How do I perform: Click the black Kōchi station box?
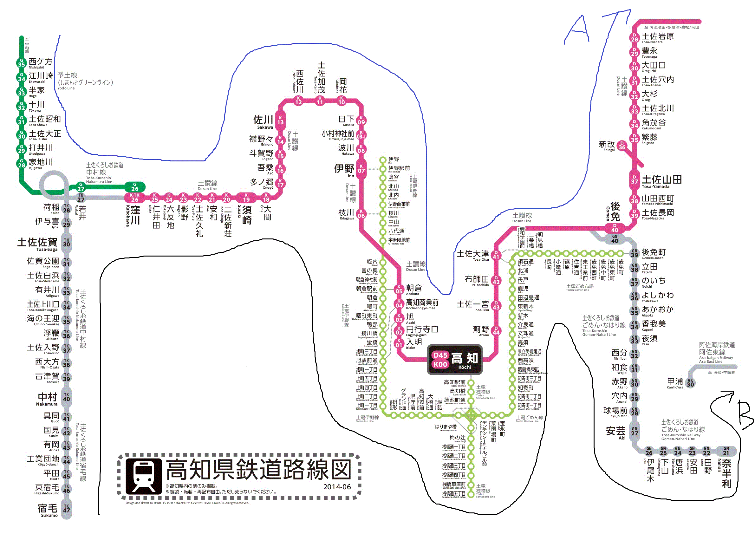(x=454, y=359)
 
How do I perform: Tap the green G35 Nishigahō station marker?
(x=21, y=62)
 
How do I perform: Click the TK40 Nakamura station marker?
(x=66, y=397)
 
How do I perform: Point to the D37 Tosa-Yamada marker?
(x=634, y=179)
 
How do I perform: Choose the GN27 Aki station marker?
(x=634, y=431)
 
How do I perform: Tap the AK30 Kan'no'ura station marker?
(x=690, y=382)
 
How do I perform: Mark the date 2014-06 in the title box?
(x=337, y=487)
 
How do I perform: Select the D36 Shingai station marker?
(x=622, y=145)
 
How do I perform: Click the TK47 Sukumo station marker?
(x=66, y=509)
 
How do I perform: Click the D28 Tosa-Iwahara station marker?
(x=634, y=37)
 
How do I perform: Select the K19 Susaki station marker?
(x=246, y=198)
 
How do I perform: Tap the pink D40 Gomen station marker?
(x=615, y=228)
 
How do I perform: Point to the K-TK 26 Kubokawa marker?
(x=135, y=198)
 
